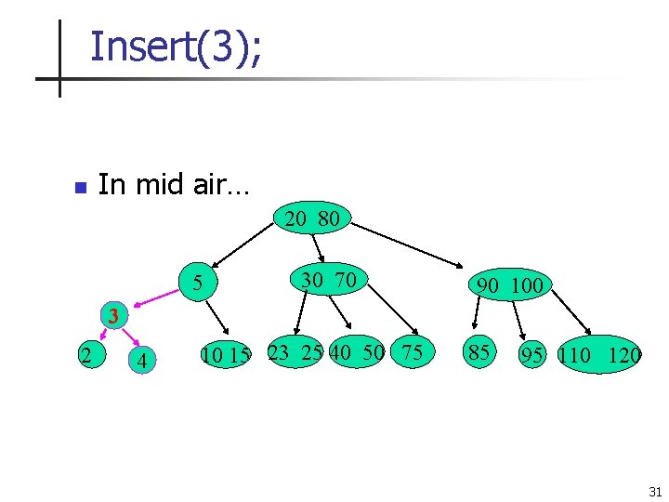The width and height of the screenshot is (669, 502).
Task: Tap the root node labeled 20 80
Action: coord(313,219)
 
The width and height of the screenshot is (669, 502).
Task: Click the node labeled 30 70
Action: coord(328,279)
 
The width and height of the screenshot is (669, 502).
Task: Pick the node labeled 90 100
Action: coord(508,285)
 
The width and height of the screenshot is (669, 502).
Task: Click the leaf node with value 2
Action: coord(85,353)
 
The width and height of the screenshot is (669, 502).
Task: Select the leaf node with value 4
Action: coord(141,360)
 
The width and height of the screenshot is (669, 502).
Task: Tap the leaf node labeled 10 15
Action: coord(226,355)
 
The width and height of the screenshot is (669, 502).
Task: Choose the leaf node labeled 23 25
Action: coord(295,352)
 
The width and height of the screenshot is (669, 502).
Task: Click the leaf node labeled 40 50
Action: coord(357,352)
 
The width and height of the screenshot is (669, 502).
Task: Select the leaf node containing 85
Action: coord(479,352)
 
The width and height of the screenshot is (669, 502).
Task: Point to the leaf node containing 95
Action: coord(531,355)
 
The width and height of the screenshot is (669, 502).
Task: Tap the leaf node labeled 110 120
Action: coord(600,355)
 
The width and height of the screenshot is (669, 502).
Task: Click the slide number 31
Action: coord(654,491)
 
